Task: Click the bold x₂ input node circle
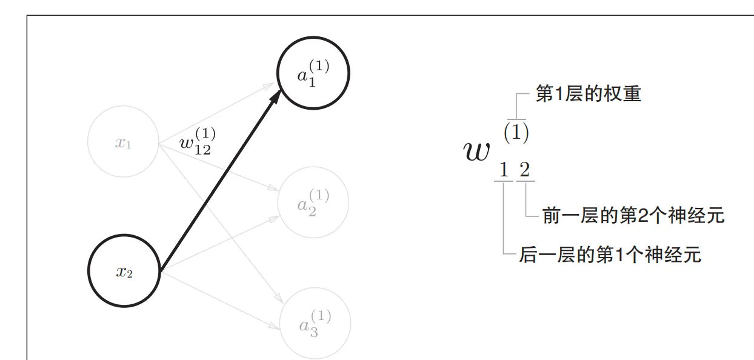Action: pyautogui.click(x=124, y=272)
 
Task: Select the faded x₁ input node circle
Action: pyautogui.click(x=124, y=142)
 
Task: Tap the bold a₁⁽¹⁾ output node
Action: pyautogui.click(x=313, y=74)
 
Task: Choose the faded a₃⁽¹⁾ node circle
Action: pyautogui.click(x=315, y=324)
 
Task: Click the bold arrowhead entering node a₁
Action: pyautogui.click(x=276, y=97)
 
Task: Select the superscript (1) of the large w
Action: pyautogui.click(x=516, y=133)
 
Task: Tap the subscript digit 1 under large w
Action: pyautogui.click(x=503, y=170)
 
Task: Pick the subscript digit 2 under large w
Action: pyautogui.click(x=524, y=170)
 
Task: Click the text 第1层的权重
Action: pyautogui.click(x=588, y=95)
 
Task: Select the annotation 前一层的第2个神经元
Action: pyautogui.click(x=633, y=216)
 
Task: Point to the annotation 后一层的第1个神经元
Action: pyautogui.click(x=610, y=255)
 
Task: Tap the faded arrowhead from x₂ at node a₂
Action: pyautogui.click(x=274, y=218)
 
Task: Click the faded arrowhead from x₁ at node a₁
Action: pyautogui.click(x=271, y=85)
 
